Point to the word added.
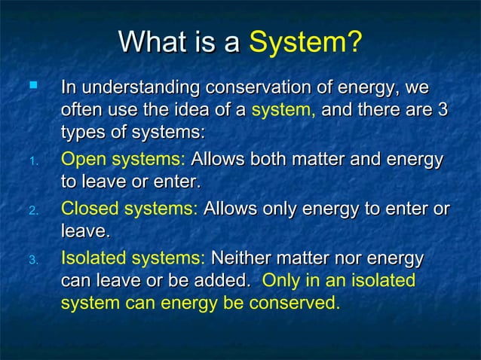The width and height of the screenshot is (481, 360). [x=225, y=281]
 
